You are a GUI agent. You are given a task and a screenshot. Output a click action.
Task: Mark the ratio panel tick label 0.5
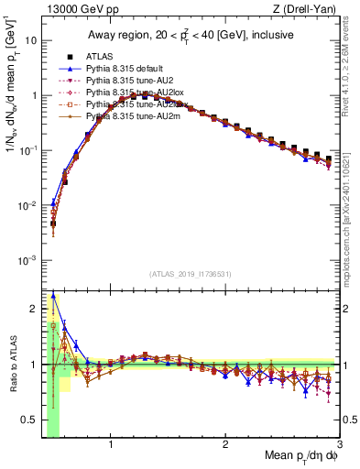29,420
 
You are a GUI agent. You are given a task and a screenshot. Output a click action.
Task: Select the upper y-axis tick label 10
30,41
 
